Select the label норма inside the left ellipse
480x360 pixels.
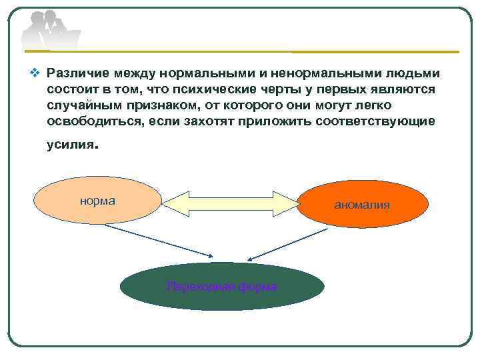click(97, 200)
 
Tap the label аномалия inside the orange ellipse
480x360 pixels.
click(362, 205)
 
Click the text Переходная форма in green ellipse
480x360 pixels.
click(222, 287)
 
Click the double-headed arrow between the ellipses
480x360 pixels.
click(230, 203)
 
